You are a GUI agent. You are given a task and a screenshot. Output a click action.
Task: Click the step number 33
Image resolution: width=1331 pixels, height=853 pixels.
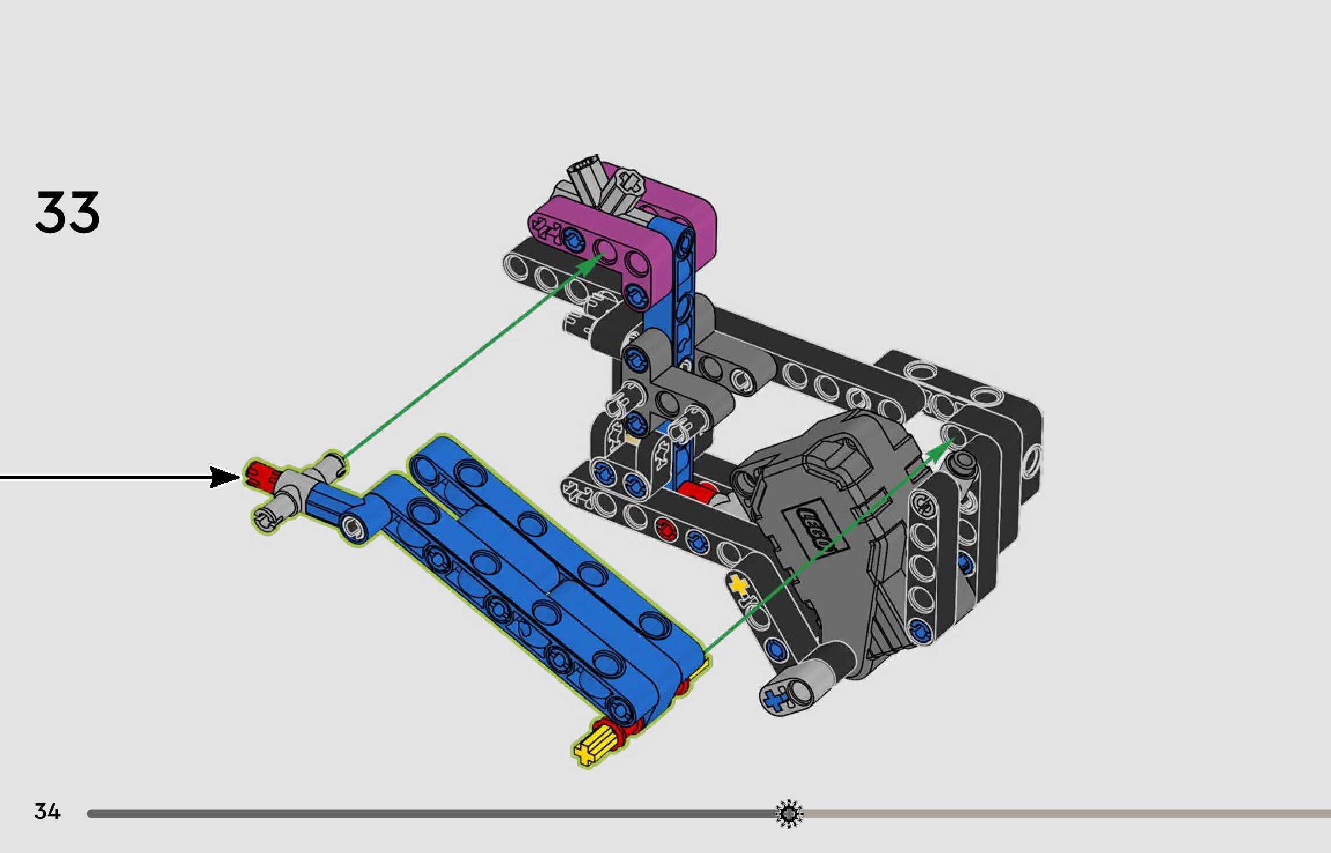pyautogui.click(x=68, y=213)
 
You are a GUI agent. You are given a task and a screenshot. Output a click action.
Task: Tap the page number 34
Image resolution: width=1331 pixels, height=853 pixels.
pyautogui.click(x=47, y=811)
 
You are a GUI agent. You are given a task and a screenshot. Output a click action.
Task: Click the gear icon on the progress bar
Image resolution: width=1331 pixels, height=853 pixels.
pyautogui.click(x=789, y=814)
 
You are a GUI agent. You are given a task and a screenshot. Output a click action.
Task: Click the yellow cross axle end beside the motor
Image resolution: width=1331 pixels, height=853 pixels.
pyautogui.click(x=739, y=585)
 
